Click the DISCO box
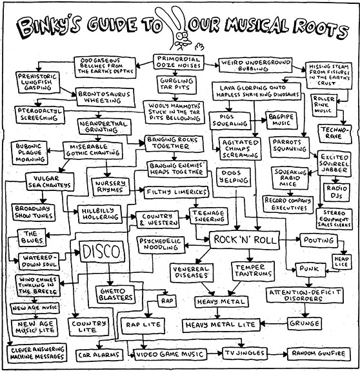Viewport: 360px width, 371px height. pos(102,252)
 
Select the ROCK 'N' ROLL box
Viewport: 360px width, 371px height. pos(245,240)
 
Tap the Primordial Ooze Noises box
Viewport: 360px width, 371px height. pos(179,62)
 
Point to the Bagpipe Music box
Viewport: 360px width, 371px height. pos(281,120)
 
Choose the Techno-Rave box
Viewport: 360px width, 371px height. pos(335,134)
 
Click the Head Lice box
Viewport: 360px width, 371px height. pos(341,261)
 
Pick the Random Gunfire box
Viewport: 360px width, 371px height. pos(319,354)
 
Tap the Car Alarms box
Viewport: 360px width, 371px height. pos(99,355)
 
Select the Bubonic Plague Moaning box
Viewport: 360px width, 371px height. pos(29,153)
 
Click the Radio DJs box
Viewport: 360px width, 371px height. pos(336,192)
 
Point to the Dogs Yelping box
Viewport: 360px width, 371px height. pos(234,177)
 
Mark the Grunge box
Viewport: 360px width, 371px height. pos(305,323)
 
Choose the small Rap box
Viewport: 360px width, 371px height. pos(167,301)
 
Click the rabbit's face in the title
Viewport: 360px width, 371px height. pos(183,39)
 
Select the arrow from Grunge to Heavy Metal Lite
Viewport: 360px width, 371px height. pos(274,323)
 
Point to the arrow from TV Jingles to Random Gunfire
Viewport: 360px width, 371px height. pos(277,354)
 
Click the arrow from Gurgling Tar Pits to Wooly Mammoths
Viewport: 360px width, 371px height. pos(175,97)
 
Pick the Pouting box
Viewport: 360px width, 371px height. pos(319,240)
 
